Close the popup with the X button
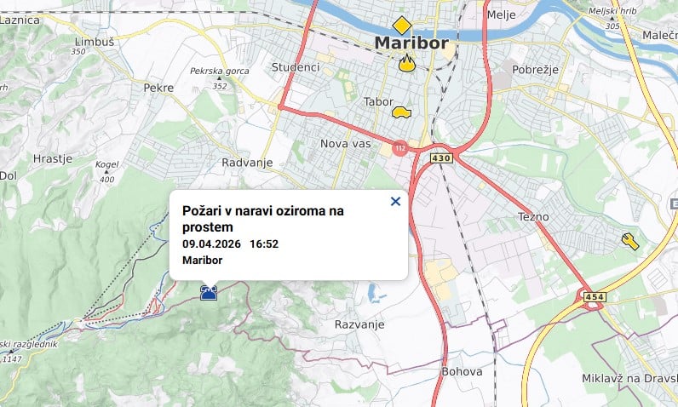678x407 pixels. [395, 202]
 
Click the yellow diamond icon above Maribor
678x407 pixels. [401, 25]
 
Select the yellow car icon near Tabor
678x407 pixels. [400, 111]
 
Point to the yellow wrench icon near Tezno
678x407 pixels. [630, 242]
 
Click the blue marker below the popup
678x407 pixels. [208, 293]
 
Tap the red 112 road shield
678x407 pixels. [399, 148]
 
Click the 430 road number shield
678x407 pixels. [440, 158]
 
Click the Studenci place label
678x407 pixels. [295, 67]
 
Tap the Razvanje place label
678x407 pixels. [359, 324]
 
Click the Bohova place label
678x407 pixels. [462, 371]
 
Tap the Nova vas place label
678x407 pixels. [346, 144]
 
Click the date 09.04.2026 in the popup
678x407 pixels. [212, 244]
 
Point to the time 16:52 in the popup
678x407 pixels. [264, 244]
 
